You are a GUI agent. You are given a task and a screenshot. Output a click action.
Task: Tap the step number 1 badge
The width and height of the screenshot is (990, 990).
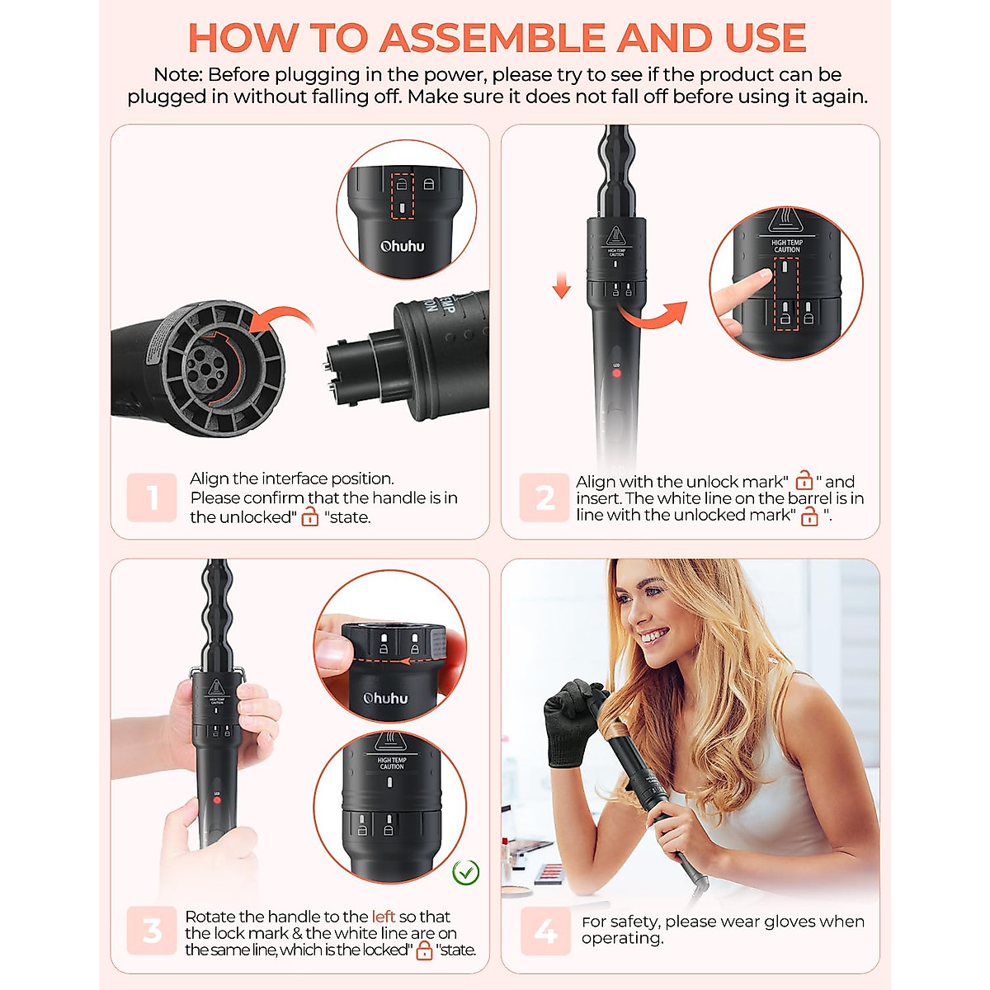[x=152, y=497]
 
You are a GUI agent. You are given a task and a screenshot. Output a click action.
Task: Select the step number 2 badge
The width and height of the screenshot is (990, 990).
[x=544, y=497]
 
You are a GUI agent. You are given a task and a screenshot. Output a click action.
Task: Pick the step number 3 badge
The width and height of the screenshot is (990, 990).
[x=152, y=931]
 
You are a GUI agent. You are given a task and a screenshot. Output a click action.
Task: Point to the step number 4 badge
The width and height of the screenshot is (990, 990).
[x=545, y=931]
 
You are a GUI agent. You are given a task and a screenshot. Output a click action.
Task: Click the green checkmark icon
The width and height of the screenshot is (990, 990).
[x=466, y=871]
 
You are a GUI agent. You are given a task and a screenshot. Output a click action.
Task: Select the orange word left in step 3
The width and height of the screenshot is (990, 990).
[x=383, y=917]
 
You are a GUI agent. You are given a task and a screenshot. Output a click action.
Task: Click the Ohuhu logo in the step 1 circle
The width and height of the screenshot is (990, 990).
[x=402, y=246]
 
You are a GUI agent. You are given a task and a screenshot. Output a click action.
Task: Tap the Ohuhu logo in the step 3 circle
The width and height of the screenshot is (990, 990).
[x=385, y=698]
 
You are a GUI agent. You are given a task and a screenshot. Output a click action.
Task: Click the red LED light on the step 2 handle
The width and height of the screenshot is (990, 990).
[x=616, y=373]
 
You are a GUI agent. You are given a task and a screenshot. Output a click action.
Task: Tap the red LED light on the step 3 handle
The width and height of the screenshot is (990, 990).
[x=216, y=800]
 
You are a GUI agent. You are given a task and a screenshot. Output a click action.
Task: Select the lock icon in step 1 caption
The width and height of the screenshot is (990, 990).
[x=310, y=517]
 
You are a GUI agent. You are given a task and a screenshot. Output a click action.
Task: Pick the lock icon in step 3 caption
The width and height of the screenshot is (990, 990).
[x=424, y=950]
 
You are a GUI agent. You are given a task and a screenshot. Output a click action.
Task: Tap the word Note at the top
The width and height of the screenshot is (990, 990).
[x=177, y=74]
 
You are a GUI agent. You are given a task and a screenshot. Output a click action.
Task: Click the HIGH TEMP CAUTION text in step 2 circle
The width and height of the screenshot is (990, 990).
[x=786, y=246]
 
